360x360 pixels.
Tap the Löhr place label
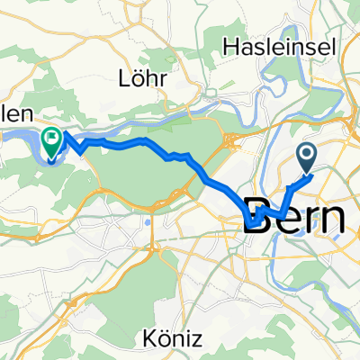[x=144, y=78]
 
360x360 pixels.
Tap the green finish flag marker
[x=53, y=140]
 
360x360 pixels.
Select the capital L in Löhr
[x=124, y=78]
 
